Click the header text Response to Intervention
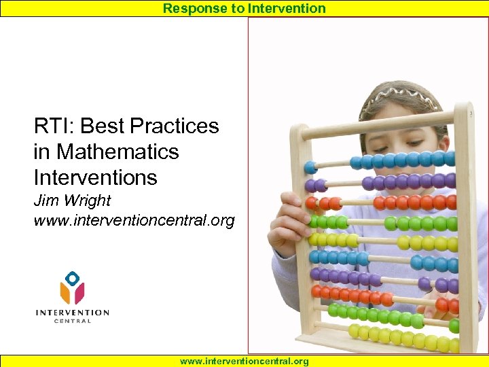tap(244, 8)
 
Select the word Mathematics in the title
tap(117, 152)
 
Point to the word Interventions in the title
tap(95, 177)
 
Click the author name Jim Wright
tap(72, 201)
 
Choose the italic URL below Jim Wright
tap(134, 220)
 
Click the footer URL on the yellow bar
tap(244, 361)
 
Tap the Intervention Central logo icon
tap(72, 288)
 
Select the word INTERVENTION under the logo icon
tap(72, 313)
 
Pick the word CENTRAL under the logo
tap(72, 321)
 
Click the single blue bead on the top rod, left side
tap(310, 167)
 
